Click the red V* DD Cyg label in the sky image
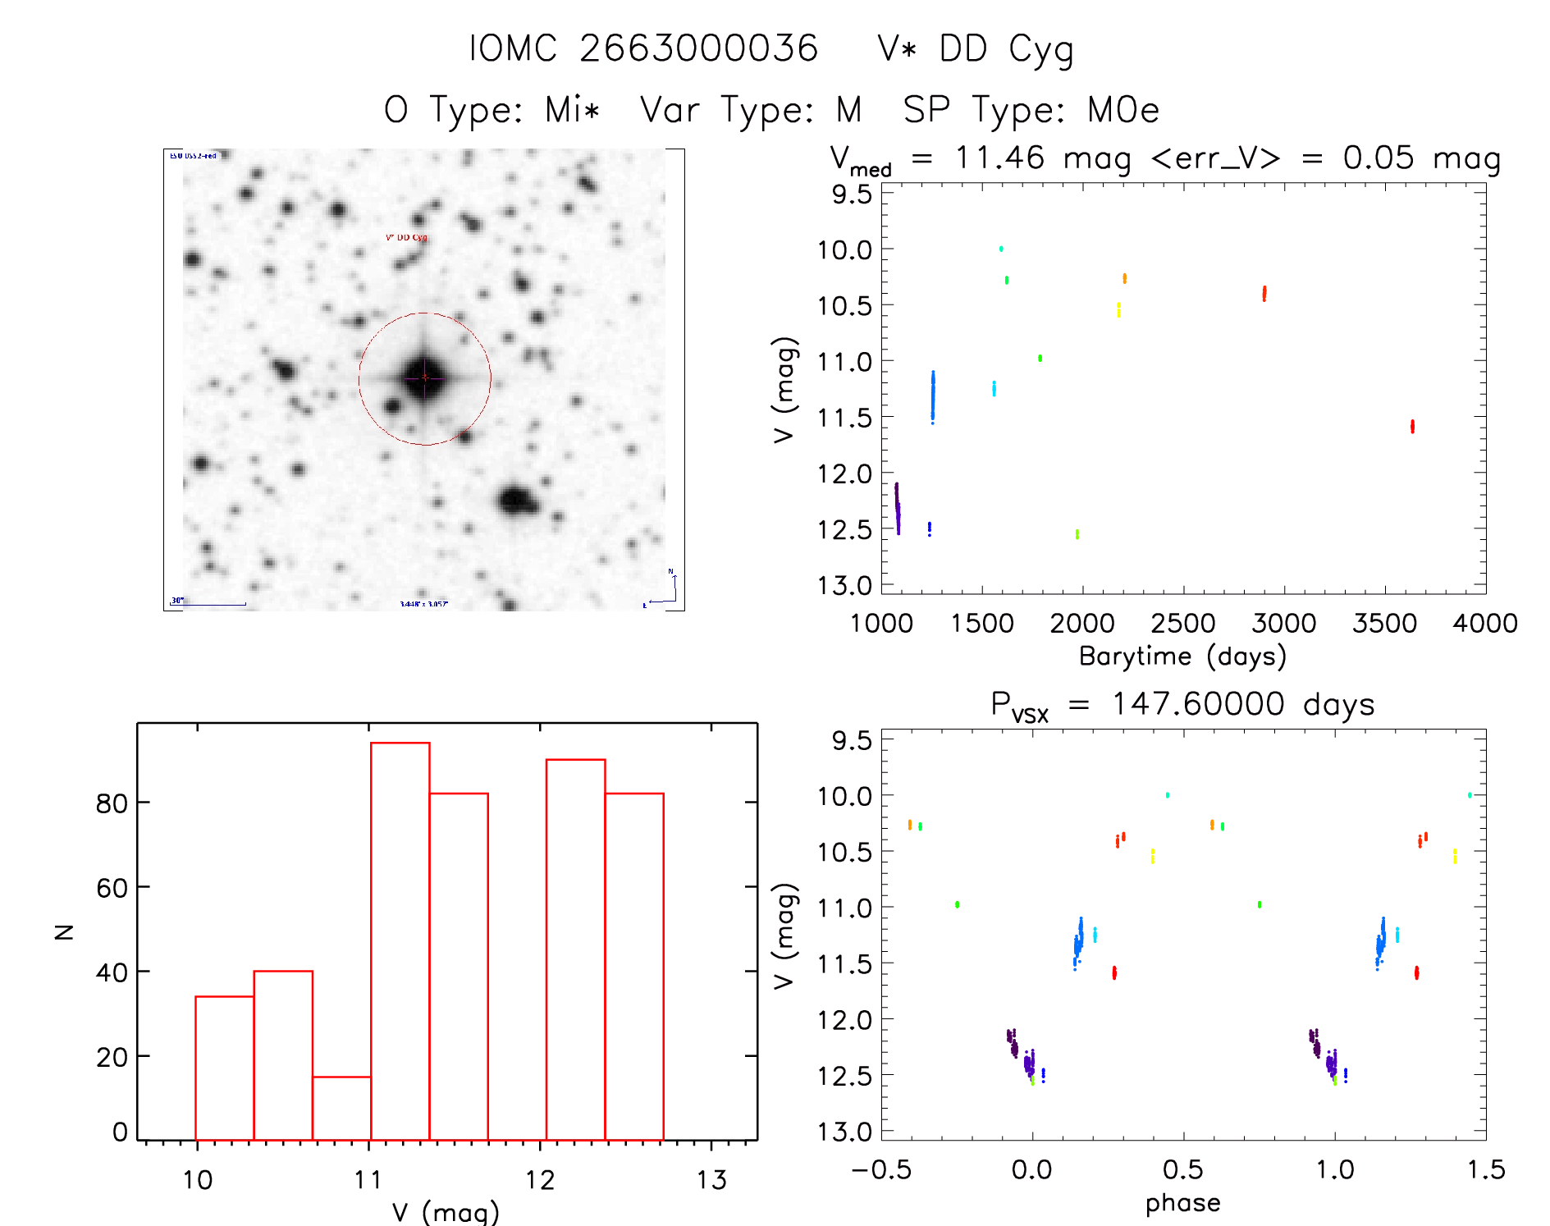(407, 237)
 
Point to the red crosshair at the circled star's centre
(424, 377)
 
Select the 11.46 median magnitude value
(999, 158)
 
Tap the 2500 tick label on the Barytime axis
(1182, 624)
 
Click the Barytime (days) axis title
(1182, 656)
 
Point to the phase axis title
(1182, 1203)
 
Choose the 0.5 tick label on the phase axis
(1182, 1170)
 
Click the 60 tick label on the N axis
(112, 888)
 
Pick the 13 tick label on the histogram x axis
(711, 1180)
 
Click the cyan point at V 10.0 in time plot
(1001, 249)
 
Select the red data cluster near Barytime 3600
(1412, 426)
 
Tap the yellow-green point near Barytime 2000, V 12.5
(1077, 534)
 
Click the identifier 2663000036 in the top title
(698, 48)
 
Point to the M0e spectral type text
(1123, 110)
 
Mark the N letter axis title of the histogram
(64, 931)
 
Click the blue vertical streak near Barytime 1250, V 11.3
(933, 396)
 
